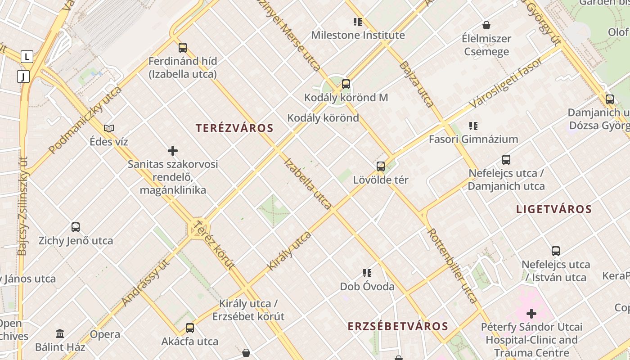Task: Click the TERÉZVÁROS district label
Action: pyautogui.click(x=234, y=128)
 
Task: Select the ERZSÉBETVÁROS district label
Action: pyautogui.click(x=398, y=327)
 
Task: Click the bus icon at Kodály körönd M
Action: pyautogui.click(x=346, y=84)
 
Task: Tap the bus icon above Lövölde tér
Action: pyautogui.click(x=381, y=166)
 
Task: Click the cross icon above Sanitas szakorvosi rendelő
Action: pyautogui.click(x=173, y=151)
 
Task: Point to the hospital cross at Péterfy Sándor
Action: pyautogui.click(x=531, y=313)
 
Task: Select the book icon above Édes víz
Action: pyautogui.click(x=109, y=128)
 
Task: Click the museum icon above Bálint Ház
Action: pyautogui.click(x=60, y=333)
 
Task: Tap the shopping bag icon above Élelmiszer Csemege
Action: pyautogui.click(x=486, y=25)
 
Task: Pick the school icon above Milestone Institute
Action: pyautogui.click(x=358, y=22)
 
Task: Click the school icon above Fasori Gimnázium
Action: pyautogui.click(x=473, y=126)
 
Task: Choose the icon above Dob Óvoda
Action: pyautogui.click(x=367, y=273)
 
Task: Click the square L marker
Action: pyautogui.click(x=27, y=57)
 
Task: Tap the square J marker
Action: pyautogui.click(x=23, y=76)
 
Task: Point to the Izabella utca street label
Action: pyautogui.click(x=308, y=184)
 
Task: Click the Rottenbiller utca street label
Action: pyautogui.click(x=452, y=265)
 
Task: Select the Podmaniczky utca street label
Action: pyautogui.click(x=85, y=120)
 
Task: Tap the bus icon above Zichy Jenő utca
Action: pyautogui.click(x=76, y=227)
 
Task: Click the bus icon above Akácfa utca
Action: pyautogui.click(x=190, y=328)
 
